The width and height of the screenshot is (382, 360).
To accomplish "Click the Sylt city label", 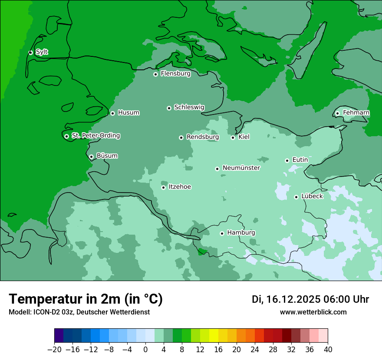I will click(42, 52).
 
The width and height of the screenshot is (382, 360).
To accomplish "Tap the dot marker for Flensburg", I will click(155, 74).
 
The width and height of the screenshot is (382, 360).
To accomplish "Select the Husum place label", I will click(128, 113).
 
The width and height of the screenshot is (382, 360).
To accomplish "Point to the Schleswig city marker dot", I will click(169, 108).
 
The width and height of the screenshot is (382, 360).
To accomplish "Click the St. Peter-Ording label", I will click(95, 136).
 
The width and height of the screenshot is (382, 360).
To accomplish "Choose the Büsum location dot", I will click(91, 157).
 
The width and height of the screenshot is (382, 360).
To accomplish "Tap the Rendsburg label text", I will click(203, 137).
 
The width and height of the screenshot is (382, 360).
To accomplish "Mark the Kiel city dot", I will click(233, 137).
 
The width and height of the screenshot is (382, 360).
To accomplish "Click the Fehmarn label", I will click(356, 113).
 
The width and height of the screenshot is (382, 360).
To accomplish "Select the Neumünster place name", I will click(241, 168).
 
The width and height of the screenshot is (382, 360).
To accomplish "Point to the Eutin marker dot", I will click(287, 160).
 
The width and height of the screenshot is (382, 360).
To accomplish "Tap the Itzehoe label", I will click(180, 187).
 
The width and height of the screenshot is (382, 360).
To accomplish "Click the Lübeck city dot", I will click(296, 197).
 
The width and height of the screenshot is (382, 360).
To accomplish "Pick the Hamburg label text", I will click(241, 233).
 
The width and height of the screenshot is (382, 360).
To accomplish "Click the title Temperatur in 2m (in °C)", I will click(86, 299).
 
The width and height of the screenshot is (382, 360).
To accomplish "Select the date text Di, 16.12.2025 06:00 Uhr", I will click(310, 299).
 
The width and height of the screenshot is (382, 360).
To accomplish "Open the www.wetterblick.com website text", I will click(313, 312).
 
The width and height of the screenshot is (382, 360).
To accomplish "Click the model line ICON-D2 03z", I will click(79, 312).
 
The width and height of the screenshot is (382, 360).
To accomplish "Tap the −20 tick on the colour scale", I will click(54, 350).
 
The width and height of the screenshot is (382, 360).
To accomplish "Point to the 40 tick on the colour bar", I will click(328, 350).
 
